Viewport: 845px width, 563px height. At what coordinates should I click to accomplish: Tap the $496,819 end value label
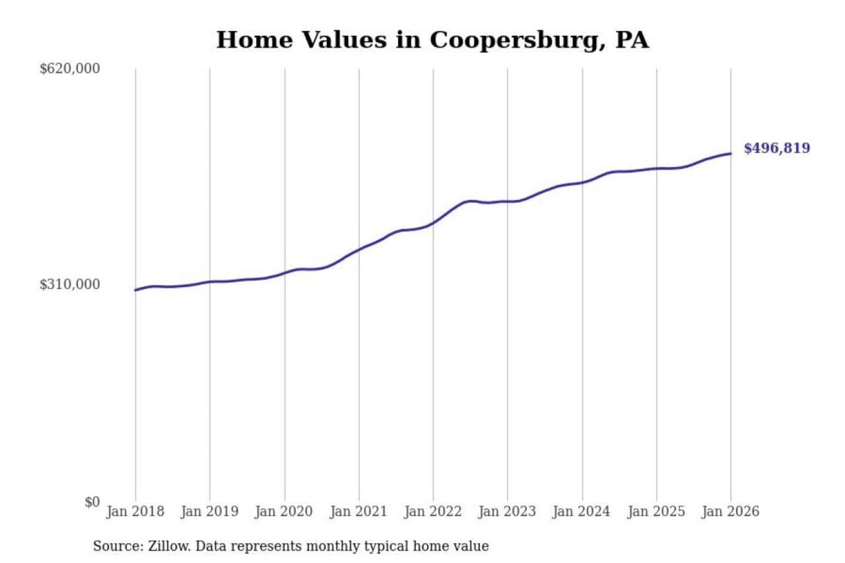[776, 148]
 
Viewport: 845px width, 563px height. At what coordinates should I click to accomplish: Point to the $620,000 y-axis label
[70, 69]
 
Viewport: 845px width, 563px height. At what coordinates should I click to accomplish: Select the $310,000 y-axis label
[70, 284]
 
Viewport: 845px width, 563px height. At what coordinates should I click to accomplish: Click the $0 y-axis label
[92, 502]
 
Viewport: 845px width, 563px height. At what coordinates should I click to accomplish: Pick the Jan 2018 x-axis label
[135, 511]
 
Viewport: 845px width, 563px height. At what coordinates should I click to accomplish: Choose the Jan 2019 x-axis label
[209, 511]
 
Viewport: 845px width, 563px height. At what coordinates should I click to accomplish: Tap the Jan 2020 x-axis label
[284, 511]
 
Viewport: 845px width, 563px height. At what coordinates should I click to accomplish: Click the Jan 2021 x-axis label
[359, 511]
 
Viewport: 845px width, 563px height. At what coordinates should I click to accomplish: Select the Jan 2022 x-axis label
[433, 511]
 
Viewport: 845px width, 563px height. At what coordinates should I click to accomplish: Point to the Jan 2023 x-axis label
[507, 511]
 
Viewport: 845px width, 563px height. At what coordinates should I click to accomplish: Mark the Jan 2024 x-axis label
[582, 511]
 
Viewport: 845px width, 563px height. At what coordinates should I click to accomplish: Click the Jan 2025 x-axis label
[656, 511]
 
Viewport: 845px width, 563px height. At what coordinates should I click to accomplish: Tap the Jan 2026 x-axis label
[731, 511]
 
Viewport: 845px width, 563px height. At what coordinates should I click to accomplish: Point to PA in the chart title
[632, 40]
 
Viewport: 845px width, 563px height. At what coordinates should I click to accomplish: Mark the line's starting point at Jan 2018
[136, 290]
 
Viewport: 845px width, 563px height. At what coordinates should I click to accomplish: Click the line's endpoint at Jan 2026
[731, 154]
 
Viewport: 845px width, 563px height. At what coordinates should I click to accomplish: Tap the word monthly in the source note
[333, 547]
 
